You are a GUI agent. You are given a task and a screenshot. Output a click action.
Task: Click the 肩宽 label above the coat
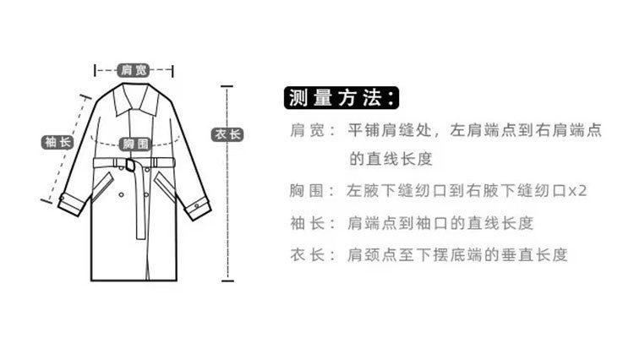(134, 70)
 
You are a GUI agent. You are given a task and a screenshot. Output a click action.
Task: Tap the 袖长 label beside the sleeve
(57, 142)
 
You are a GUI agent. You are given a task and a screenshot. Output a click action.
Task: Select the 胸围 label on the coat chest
(135, 144)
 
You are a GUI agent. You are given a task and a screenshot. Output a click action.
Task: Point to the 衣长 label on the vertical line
(227, 134)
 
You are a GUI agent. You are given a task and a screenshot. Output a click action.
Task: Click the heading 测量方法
(342, 97)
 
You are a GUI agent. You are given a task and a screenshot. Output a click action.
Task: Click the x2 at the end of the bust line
(577, 190)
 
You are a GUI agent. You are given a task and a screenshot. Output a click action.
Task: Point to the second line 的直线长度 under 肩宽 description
(391, 159)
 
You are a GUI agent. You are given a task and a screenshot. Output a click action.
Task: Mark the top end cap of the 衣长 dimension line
(227, 86)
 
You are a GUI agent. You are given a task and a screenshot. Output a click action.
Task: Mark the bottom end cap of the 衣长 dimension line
(227, 280)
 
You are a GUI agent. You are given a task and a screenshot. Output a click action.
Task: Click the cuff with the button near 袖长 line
(71, 205)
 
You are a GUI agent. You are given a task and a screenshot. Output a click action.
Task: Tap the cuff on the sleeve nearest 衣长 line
(198, 209)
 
